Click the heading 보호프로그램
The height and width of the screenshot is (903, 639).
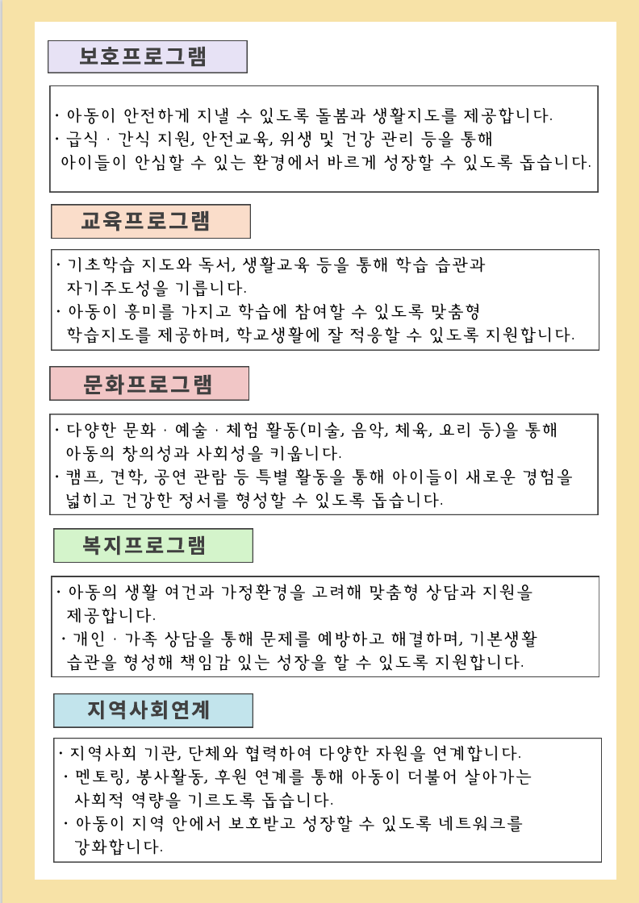[x=147, y=56]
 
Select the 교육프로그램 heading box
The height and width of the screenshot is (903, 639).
[x=150, y=221]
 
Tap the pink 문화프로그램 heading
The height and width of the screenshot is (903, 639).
[x=148, y=384]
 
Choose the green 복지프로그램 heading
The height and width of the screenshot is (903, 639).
[x=152, y=546]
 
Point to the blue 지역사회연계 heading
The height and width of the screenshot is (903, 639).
[x=152, y=710]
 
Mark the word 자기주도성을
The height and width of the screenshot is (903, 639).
[x=121, y=287]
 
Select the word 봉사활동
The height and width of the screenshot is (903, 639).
[x=174, y=778]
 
